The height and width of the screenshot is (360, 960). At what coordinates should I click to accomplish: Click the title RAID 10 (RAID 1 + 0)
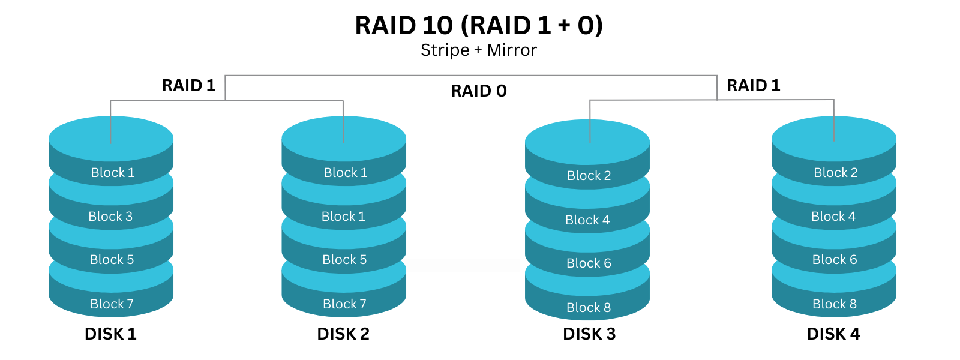(479, 26)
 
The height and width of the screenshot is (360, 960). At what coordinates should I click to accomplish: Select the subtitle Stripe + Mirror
(479, 50)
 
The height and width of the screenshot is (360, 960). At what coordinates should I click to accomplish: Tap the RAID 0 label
(479, 91)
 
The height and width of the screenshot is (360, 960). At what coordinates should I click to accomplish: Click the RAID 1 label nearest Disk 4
(754, 86)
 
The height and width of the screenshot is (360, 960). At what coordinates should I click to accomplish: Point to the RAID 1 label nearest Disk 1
(188, 86)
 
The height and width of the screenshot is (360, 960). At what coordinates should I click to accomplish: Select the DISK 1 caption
(110, 334)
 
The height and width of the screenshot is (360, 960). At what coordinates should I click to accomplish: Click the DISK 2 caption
(343, 334)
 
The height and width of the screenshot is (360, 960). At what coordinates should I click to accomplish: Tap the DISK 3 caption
(589, 334)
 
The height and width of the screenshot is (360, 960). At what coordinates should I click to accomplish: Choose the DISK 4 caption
(833, 334)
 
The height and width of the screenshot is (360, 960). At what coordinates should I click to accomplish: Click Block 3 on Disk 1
(110, 217)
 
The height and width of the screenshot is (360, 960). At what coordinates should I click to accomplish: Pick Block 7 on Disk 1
(112, 304)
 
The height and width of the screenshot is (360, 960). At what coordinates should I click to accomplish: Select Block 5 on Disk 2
(344, 260)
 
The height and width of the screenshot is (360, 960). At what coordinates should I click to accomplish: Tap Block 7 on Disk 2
(344, 304)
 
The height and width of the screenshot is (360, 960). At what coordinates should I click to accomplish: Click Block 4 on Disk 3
(587, 220)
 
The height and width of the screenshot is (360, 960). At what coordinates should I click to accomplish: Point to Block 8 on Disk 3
(589, 308)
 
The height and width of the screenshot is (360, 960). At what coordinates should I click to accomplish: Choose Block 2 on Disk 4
(835, 173)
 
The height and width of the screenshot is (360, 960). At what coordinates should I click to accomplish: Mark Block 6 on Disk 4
(835, 260)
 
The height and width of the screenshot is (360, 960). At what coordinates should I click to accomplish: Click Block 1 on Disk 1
(112, 173)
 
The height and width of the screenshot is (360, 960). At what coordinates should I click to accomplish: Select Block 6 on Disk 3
(589, 263)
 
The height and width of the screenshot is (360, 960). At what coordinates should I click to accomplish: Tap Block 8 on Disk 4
(835, 304)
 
